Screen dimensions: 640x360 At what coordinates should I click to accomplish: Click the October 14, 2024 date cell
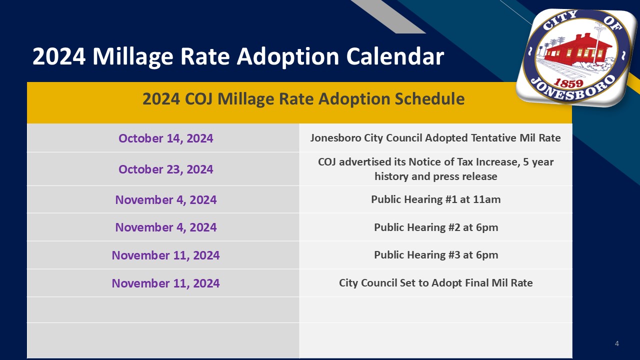[x=165, y=138]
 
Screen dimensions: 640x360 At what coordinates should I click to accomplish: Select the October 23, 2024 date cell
[x=165, y=169]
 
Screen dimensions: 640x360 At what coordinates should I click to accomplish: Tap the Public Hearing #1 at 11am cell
[x=435, y=199]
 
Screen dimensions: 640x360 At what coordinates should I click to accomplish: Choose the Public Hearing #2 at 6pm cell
[x=435, y=227]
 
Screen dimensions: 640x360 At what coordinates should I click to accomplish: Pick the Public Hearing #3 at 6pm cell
[x=435, y=255]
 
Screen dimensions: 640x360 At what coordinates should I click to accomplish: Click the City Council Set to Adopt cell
[x=435, y=283]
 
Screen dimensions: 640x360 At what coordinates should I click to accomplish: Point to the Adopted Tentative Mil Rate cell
[x=435, y=138]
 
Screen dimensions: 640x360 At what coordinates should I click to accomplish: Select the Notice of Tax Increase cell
[x=435, y=169]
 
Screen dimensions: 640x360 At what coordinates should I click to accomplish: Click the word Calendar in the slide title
[x=395, y=56]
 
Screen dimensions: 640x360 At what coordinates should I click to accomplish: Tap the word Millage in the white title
[x=133, y=57]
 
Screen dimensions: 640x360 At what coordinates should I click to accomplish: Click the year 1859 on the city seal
[x=568, y=83]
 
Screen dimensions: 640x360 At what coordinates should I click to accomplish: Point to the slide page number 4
[x=617, y=343]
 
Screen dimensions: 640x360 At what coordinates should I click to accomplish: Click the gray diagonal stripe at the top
[x=388, y=16]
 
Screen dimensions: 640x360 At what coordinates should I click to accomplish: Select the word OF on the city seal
[x=613, y=23]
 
